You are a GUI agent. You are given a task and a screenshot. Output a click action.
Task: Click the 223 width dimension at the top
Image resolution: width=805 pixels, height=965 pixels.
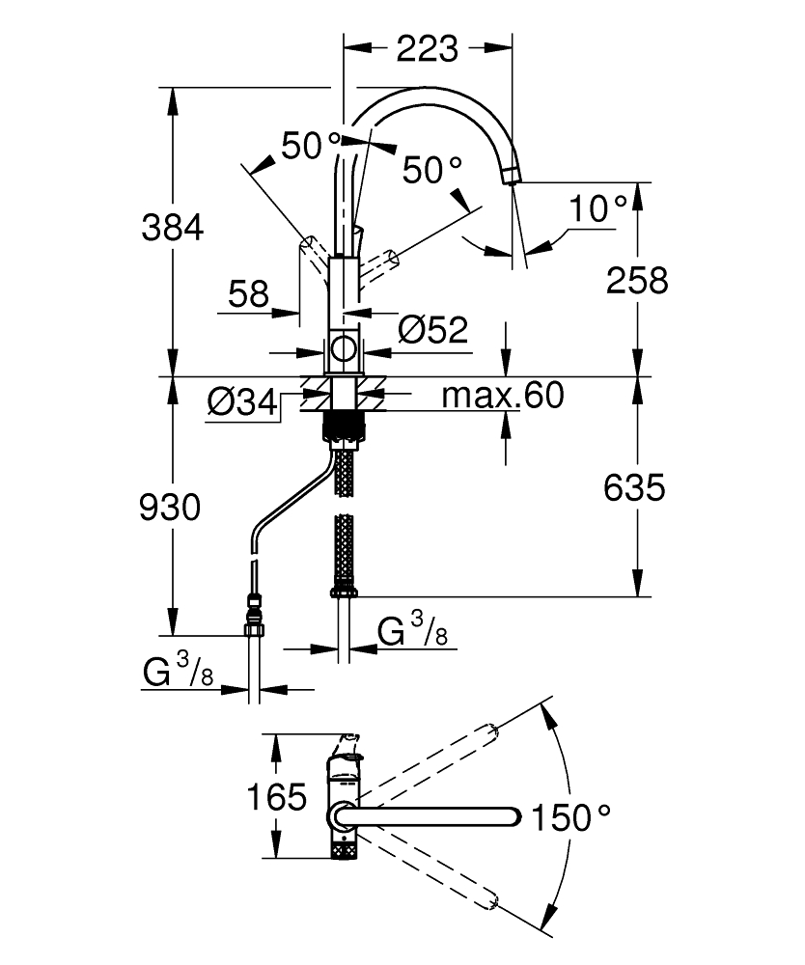[x=429, y=47]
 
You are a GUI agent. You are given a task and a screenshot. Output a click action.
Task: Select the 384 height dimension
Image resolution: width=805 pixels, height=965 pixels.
[x=173, y=229]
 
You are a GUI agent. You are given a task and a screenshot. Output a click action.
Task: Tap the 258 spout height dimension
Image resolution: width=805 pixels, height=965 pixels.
[x=637, y=280]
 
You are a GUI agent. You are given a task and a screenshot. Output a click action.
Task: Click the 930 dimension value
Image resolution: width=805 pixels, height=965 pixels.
[x=171, y=507]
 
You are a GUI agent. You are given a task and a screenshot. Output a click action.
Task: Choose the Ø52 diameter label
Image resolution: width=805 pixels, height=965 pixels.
[x=431, y=331]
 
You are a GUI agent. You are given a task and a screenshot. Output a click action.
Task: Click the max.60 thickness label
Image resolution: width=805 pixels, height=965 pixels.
[x=502, y=396]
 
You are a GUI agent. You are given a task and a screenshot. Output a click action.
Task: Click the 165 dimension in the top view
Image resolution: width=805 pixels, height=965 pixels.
[x=276, y=798]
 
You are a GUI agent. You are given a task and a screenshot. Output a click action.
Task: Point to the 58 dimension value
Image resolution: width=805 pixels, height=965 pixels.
[x=249, y=294]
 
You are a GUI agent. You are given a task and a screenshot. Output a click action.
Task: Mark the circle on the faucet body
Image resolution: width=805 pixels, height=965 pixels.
[x=343, y=349]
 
